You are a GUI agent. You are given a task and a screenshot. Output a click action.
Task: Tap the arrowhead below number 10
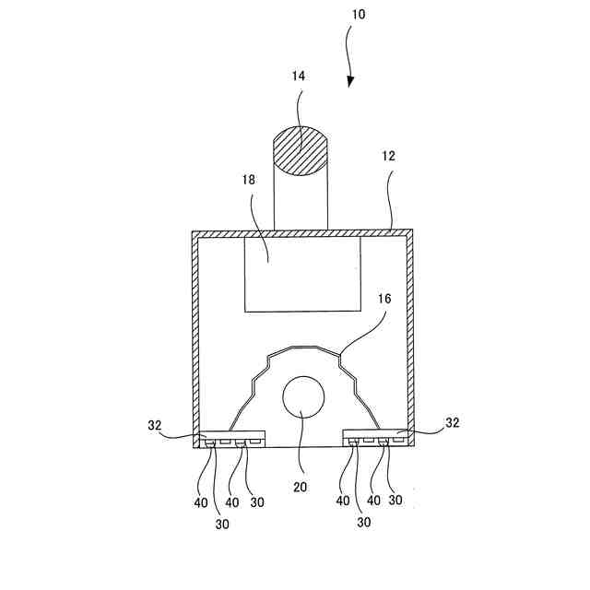click(350, 82)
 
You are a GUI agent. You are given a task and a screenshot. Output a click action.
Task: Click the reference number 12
click(389, 156)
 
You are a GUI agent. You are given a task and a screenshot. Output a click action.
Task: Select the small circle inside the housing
click(302, 399)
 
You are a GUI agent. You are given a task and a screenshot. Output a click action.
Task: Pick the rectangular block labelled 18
click(301, 275)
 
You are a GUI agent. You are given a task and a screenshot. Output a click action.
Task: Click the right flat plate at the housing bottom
click(377, 434)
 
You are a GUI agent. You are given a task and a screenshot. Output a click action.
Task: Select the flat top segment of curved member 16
click(301, 348)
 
